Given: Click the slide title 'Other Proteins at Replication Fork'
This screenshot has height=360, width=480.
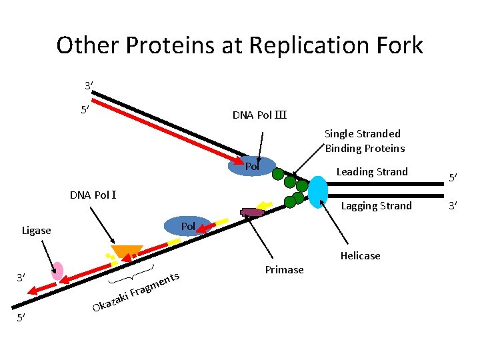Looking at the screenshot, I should [239, 45].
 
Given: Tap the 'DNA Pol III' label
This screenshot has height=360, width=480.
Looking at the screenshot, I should [259, 115].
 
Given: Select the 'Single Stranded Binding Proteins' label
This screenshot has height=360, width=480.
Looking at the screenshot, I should [364, 141].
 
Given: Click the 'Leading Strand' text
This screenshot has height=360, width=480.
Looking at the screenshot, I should [371, 172].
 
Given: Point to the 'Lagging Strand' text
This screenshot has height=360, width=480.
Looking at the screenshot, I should [376, 206].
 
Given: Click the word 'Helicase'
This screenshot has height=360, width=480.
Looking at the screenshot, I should [360, 256].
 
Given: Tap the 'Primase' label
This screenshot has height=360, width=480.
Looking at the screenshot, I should [284, 270].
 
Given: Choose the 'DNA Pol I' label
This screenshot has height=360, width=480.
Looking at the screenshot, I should [94, 195].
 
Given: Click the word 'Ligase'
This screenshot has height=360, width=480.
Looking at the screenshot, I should [36, 231].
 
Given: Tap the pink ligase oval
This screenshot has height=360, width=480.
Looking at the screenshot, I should [58, 271].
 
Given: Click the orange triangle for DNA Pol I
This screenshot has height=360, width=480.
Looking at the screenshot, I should [126, 252].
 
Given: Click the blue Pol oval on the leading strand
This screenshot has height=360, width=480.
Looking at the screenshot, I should [251, 165].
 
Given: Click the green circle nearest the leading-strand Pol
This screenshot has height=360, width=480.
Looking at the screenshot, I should [278, 175].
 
